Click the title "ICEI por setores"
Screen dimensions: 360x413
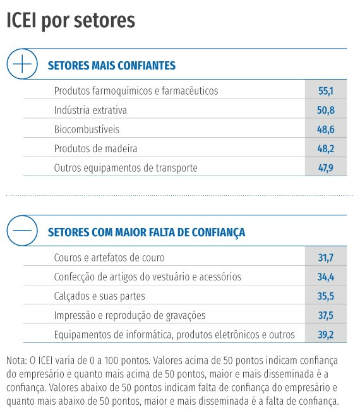point(71,21)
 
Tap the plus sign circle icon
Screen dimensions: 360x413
point(22,64)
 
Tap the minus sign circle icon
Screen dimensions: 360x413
point(22,230)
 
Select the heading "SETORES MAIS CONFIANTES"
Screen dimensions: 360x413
point(112,65)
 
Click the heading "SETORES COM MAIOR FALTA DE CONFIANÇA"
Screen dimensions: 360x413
point(147,232)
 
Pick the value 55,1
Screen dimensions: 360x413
point(326,91)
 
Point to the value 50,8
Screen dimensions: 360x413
point(326,110)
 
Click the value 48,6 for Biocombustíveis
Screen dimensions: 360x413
point(326,129)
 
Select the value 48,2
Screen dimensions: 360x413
point(326,148)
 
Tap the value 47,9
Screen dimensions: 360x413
point(326,168)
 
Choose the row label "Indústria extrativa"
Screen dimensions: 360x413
point(90,110)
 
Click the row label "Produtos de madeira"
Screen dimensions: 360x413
point(95,148)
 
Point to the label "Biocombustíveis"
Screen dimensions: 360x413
point(87,129)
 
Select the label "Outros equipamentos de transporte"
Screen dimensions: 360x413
point(126,168)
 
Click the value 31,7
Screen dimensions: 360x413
point(326,258)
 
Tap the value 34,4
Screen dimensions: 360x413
point(326,277)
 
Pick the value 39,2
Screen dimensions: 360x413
point(326,335)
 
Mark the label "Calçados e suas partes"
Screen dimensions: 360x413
point(100,296)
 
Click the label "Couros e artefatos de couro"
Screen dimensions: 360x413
point(109,258)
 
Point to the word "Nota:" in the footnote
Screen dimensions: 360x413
point(16,360)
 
